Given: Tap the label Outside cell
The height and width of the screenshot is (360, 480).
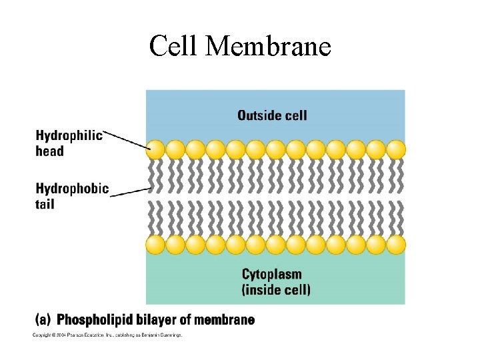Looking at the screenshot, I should click(272, 115).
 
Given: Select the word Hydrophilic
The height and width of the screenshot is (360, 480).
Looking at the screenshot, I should click(69, 136).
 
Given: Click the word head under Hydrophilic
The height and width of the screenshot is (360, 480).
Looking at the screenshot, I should click(49, 151).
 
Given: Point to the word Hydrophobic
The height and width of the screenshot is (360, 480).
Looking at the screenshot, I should click(71, 189).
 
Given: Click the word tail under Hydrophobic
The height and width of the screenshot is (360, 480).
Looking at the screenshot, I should click(45, 203).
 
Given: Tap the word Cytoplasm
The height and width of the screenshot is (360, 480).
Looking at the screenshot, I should click(271, 274).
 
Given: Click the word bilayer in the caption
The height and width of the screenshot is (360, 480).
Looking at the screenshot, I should click(169, 320).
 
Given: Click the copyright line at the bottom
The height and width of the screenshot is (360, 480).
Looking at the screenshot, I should click(107, 335).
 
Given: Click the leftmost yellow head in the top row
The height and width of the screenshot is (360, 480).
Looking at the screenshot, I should click(156, 149).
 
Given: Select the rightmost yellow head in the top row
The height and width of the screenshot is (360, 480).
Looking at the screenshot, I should click(396, 149).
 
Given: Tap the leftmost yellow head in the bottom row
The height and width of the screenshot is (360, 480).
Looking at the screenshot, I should click(156, 245).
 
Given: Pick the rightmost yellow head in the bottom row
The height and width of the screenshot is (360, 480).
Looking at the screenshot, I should click(396, 245).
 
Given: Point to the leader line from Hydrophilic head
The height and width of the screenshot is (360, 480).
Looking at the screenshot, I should click(127, 139).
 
